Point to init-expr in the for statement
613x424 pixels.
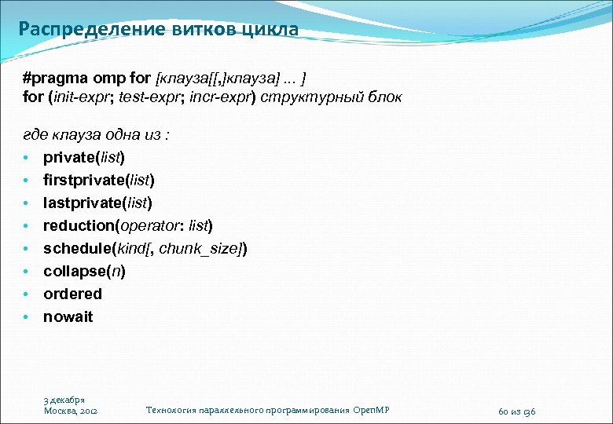coord(81,98)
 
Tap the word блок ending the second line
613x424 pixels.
coord(384,98)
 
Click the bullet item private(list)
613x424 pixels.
coord(83,157)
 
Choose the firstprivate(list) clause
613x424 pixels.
coord(98,180)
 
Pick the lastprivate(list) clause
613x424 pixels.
coord(97,203)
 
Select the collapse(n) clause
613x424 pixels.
coord(84,271)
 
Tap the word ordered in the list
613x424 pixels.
coord(72,294)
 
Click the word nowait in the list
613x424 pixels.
coord(68,316)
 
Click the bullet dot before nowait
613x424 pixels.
coord(26,317)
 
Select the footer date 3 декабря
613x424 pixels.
coord(64,400)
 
